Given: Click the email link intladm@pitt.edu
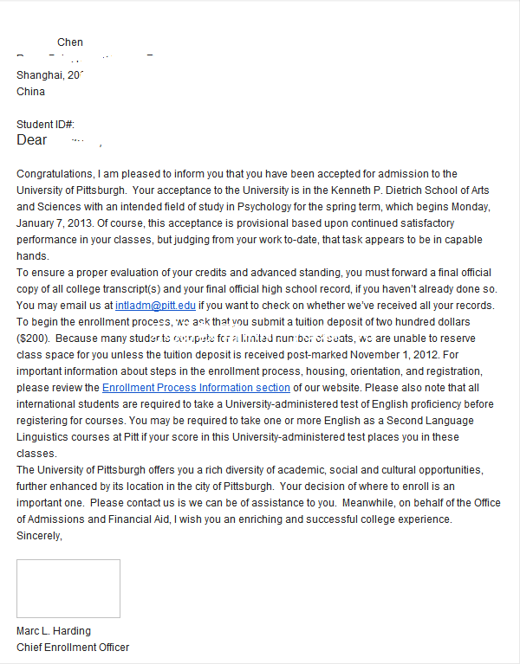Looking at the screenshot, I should coord(155,306).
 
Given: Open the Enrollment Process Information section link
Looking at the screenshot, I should coord(196,388).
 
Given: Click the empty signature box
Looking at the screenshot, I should coord(68,589).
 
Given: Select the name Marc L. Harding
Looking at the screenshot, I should coord(54,631).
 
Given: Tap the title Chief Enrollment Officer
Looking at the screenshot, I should coord(73,648).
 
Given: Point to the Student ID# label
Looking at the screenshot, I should coord(45,125).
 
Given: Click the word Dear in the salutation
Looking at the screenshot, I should coord(31,140).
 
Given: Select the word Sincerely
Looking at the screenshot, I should coord(39,536).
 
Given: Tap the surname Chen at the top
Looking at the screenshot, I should coord(70,42).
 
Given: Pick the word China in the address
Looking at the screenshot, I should coord(31,92).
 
